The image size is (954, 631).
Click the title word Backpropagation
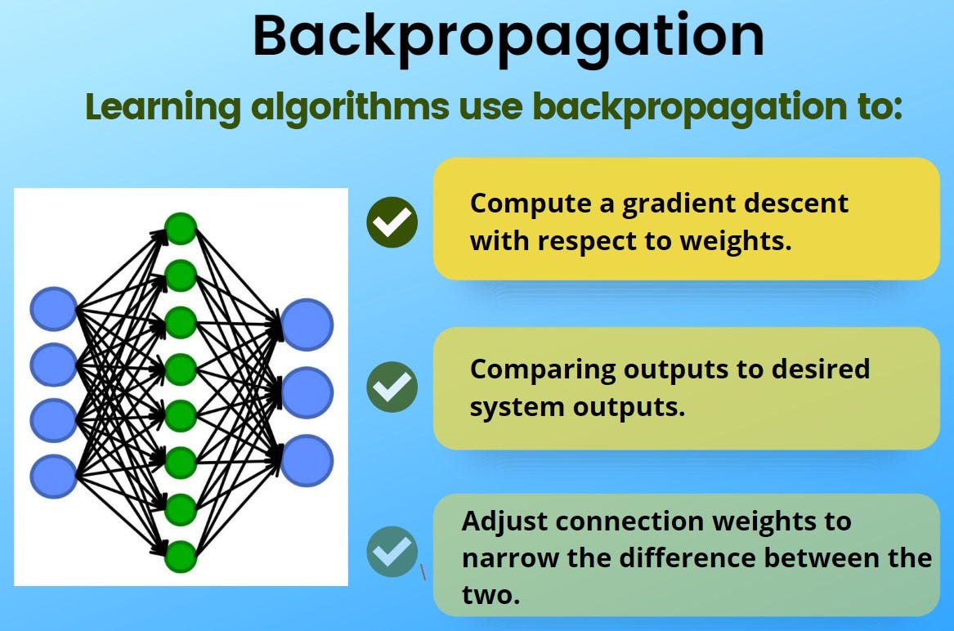(508, 35)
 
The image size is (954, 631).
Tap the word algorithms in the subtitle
(343, 107)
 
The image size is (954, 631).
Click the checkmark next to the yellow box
(392, 222)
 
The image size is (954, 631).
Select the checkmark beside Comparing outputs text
(392, 386)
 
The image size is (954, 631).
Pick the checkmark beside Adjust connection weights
(392, 552)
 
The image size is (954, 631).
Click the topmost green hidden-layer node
(181, 228)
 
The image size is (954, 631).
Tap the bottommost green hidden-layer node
(181, 557)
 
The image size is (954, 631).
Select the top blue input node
(54, 310)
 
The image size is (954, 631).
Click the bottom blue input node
(54, 475)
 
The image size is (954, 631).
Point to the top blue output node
(307, 324)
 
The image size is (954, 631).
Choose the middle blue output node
(307, 392)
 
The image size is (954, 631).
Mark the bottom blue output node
(307, 460)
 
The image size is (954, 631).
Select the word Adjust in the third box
(504, 521)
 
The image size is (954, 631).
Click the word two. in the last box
(490, 594)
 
